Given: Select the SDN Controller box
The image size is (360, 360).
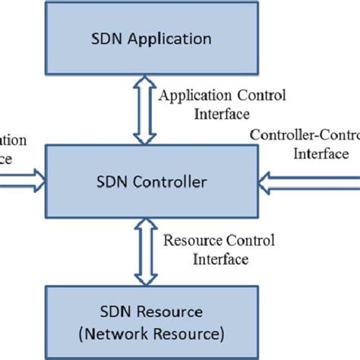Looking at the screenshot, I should point(151,182).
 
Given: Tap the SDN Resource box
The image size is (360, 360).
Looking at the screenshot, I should point(151,322).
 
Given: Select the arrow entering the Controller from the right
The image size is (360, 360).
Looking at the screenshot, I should point(308,182).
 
